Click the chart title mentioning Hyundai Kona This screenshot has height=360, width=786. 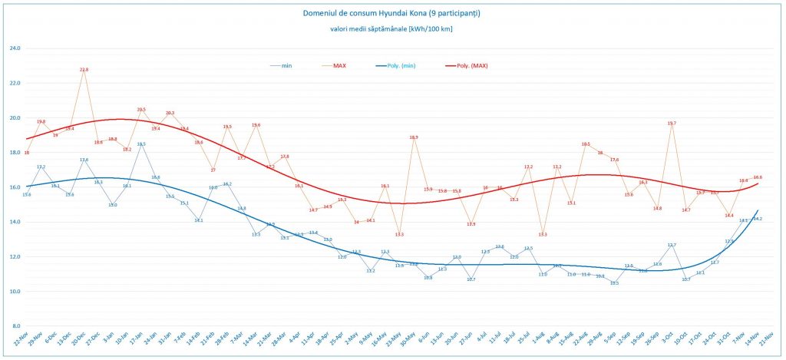[392, 13]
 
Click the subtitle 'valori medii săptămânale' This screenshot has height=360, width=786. [392, 29]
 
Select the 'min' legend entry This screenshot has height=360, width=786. [286, 66]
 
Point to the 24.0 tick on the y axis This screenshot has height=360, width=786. [15, 48]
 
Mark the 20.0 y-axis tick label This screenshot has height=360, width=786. [15, 118]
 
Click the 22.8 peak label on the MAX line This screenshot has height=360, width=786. [84, 70]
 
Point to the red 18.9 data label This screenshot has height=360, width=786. [414, 137]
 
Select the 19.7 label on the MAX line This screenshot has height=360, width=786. [672, 124]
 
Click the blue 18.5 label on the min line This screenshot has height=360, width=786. [141, 144]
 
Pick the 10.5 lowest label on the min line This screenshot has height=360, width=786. [614, 283]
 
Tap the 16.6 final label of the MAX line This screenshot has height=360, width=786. [758, 177]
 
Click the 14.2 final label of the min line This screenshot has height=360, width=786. [757, 219]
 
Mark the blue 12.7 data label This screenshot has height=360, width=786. [672, 245]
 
